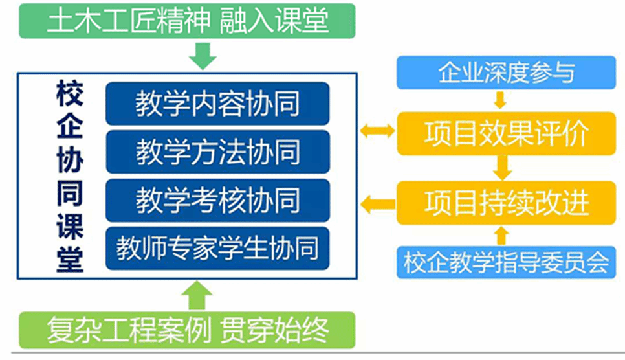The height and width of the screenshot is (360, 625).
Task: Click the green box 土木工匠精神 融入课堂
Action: pyautogui.click(x=187, y=21)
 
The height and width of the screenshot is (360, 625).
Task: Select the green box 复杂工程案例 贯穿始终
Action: pyautogui.click(x=187, y=330)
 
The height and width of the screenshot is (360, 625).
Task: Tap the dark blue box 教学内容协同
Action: pyautogui.click(x=217, y=104)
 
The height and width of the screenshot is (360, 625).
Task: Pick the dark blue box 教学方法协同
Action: pyautogui.click(x=217, y=152)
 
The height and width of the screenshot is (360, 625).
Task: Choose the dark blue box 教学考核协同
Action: pyautogui.click(x=217, y=200)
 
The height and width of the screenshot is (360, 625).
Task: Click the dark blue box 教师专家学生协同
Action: pyautogui.click(x=217, y=248)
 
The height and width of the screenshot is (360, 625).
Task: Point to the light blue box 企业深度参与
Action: pyautogui.click(x=506, y=73)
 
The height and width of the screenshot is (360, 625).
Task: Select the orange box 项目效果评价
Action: pyautogui.click(x=506, y=133)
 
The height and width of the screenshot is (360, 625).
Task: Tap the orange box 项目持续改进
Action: pyautogui.click(x=506, y=203)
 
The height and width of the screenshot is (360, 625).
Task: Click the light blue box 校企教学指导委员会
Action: pyautogui.click(x=506, y=262)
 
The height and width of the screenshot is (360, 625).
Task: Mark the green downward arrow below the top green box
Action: pyautogui.click(x=203, y=56)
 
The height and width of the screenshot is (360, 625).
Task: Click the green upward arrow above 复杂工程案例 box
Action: pyautogui.click(x=197, y=295)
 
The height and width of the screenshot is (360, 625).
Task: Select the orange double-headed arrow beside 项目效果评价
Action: pyautogui.click(x=377, y=131)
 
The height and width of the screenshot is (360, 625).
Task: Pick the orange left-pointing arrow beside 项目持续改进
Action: pyautogui.click(x=377, y=205)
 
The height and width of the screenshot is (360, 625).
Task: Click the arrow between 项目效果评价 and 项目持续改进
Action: pyautogui.click(x=502, y=168)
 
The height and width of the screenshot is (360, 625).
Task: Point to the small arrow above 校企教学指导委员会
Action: pyautogui.click(x=501, y=236)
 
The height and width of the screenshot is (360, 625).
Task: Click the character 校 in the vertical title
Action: pyautogui.click(x=70, y=93)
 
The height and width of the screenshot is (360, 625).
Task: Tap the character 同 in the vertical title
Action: pyautogui.click(x=70, y=194)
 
